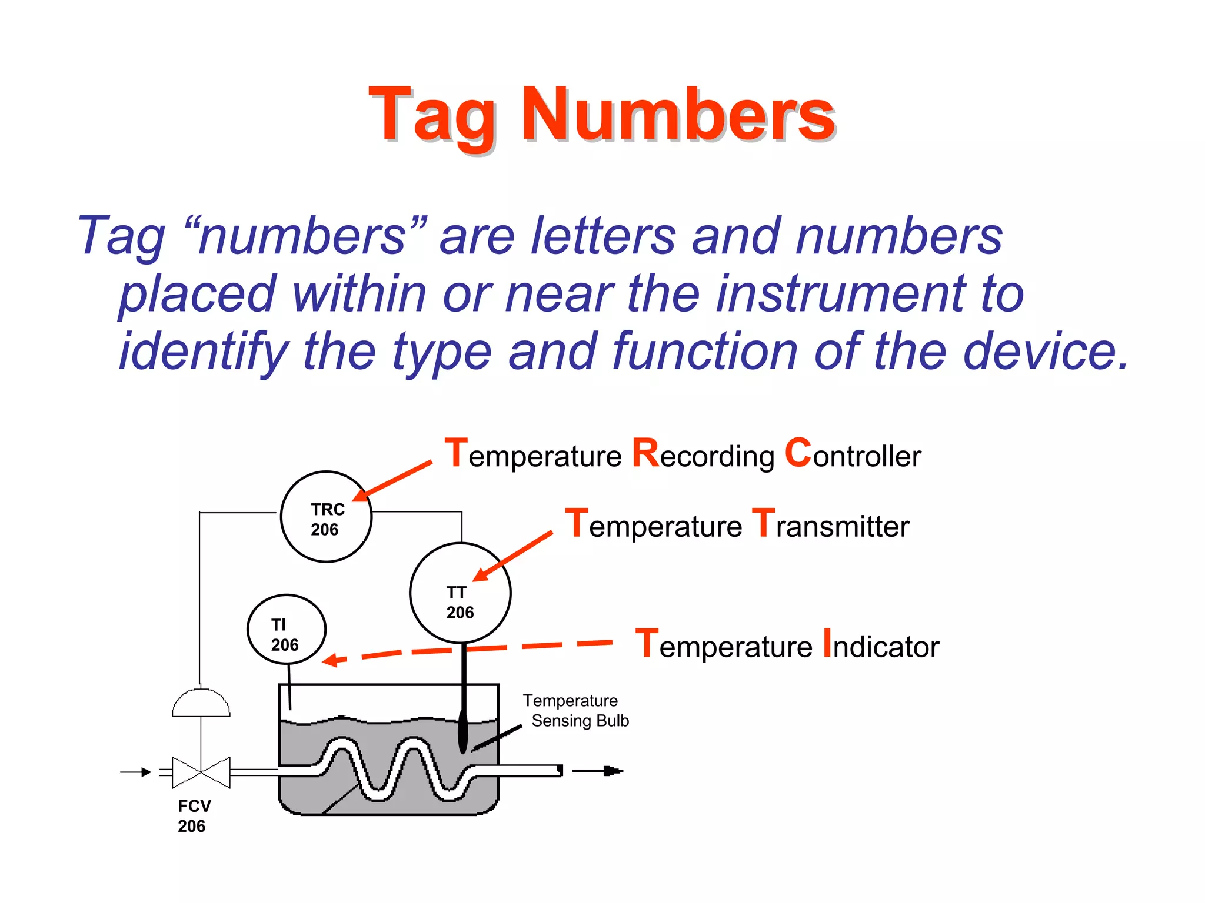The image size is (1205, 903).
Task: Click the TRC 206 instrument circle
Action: point(326,517)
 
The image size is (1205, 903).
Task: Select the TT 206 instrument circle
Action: point(460,593)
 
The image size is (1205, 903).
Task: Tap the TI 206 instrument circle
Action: point(286,629)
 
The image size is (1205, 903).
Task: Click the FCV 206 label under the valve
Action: point(194,816)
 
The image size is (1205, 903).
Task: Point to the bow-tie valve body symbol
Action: point(201,772)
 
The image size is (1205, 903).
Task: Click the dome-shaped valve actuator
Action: point(201,703)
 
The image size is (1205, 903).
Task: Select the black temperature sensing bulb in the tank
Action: point(462,732)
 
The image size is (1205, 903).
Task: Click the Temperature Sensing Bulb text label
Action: point(575,711)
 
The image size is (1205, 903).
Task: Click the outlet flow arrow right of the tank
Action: point(597,771)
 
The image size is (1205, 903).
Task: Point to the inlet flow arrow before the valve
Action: point(136,772)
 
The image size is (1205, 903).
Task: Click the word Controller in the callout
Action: point(853,456)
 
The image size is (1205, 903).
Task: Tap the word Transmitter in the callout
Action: point(831,525)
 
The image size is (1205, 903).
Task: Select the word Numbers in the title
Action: point(678,115)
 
